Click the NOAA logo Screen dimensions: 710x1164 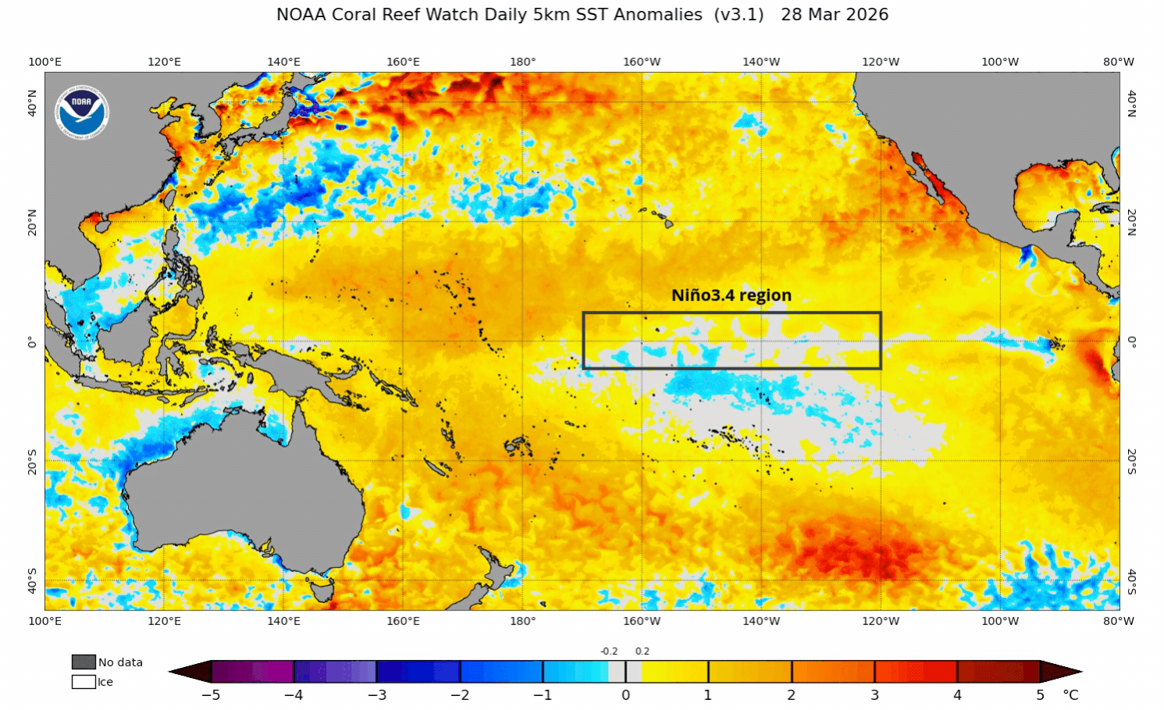click(81, 112)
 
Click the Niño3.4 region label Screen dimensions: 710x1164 click(732, 295)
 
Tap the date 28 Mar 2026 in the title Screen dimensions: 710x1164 click(834, 15)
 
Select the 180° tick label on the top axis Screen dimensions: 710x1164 click(522, 62)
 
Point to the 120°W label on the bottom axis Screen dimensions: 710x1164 click(881, 621)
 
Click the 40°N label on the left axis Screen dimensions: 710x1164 click(32, 103)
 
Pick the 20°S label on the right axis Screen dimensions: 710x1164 click(1131, 461)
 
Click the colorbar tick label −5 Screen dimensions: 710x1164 click(211, 695)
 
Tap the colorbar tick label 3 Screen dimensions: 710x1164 click(874, 695)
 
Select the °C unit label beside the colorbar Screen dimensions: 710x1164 click(1070, 695)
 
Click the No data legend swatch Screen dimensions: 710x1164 click(84, 662)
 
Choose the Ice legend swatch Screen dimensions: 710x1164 click(84, 682)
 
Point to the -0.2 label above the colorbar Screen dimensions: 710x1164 click(609, 651)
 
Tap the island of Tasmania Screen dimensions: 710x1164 click(322, 587)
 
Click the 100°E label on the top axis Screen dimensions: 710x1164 click(44, 62)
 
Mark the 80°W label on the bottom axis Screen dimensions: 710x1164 click(1118, 621)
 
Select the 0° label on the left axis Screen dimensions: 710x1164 click(32, 342)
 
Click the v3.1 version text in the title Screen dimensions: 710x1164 click(739, 15)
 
